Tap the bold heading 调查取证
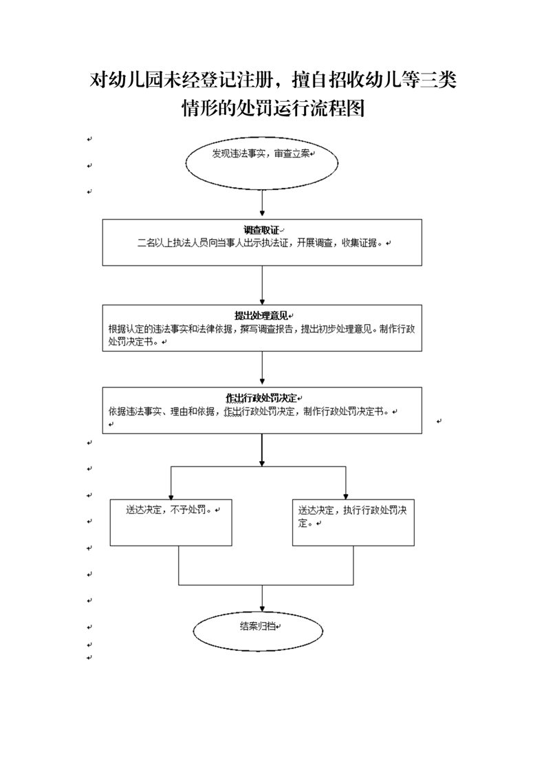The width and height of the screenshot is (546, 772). point(261,230)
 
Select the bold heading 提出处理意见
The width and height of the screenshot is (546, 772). point(261,316)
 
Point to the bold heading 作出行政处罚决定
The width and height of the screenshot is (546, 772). point(261,398)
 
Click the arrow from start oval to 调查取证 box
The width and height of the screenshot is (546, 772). point(262,203)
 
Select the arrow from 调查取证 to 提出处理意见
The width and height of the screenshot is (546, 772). point(262,286)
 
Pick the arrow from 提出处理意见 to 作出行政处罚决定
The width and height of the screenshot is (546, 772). point(262,368)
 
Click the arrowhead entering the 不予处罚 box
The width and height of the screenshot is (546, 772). point(171,496)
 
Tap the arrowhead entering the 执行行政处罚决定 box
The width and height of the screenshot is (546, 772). point(345,496)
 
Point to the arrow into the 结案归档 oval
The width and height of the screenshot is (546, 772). point(262,598)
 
